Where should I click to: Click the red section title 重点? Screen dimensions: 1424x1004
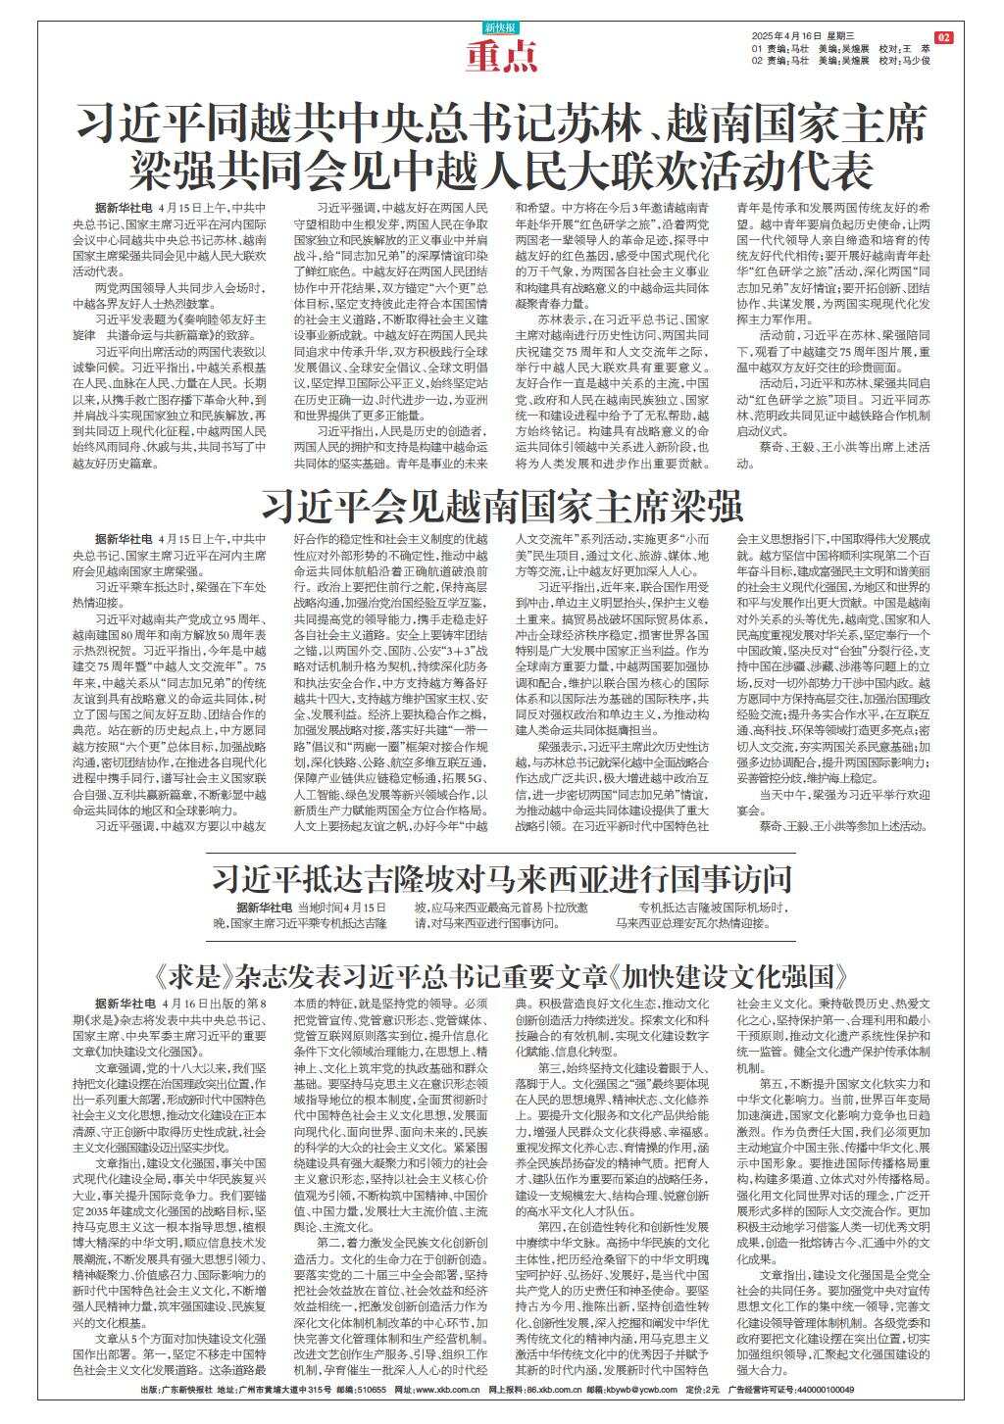(x=502, y=59)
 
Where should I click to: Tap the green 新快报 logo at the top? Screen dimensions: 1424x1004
(x=502, y=27)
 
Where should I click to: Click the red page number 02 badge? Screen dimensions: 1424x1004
(x=944, y=37)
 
